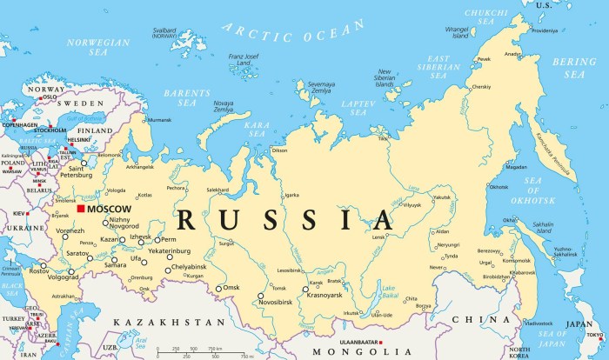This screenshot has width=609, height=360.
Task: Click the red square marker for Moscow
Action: coord(80,209)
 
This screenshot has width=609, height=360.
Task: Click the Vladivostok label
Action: coord(539,323)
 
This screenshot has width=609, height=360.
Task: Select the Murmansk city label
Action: coord(159,120)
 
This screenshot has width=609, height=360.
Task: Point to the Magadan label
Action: coord(517,167)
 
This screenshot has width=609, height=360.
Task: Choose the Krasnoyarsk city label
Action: coord(323,296)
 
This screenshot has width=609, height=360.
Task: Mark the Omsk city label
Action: coord(231,288)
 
